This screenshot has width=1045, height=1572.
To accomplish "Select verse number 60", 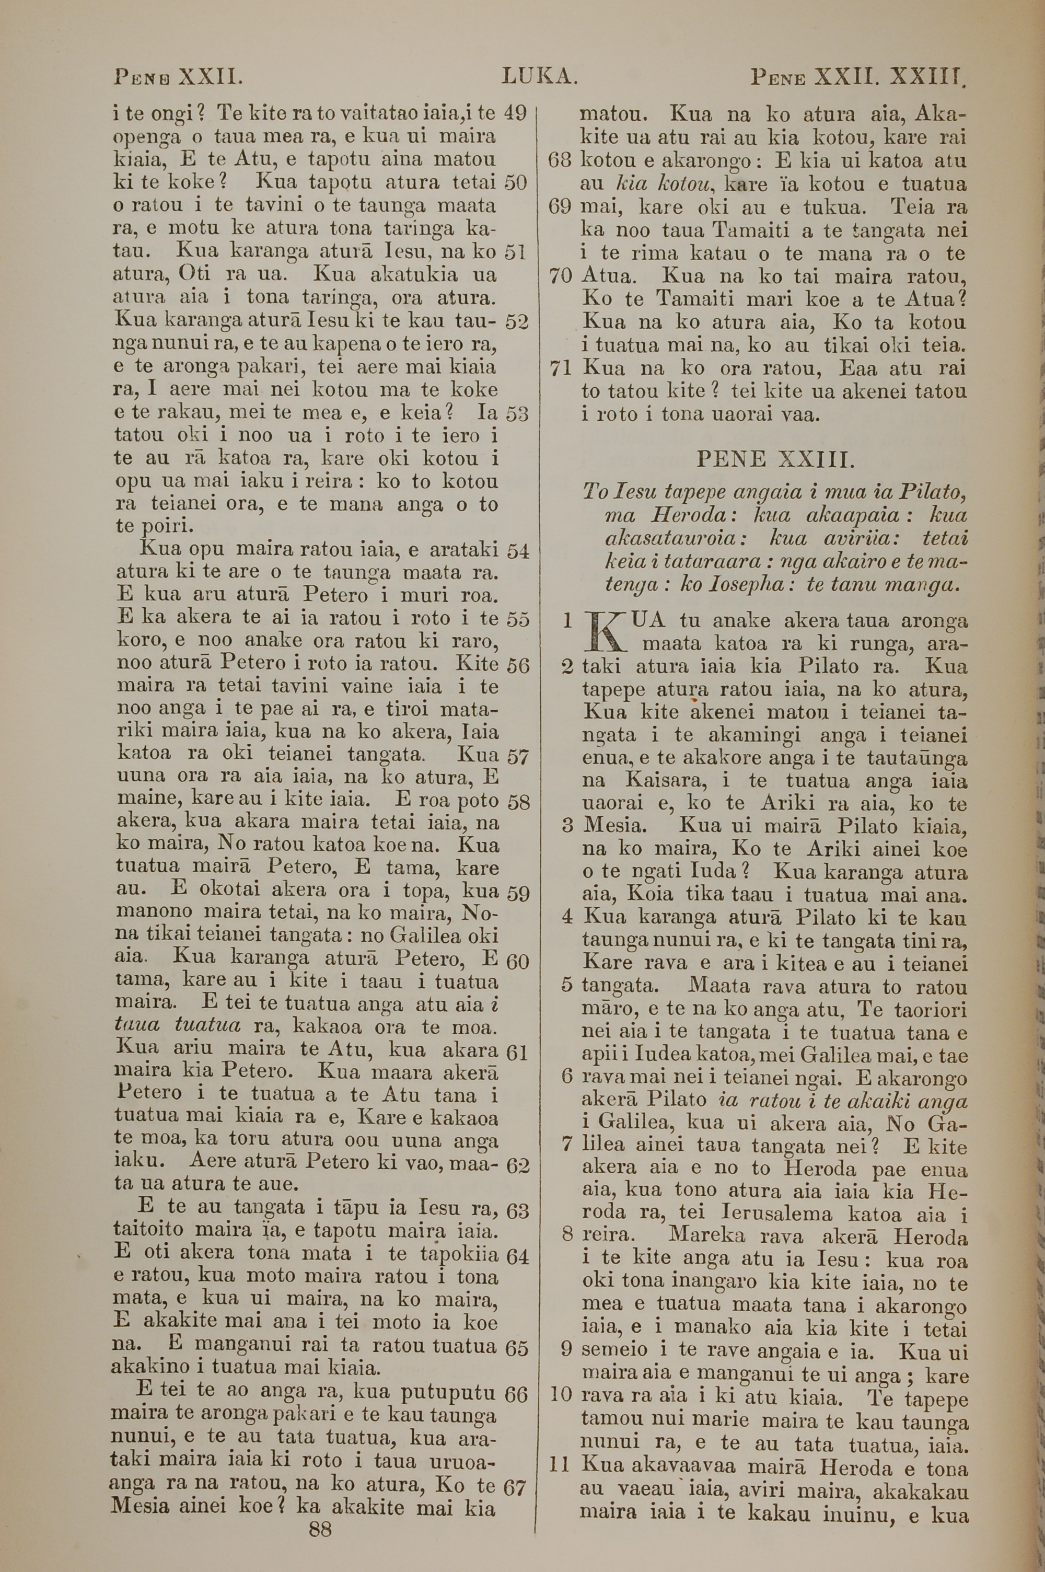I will coord(518,962).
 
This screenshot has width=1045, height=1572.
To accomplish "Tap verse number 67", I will coord(516,1464).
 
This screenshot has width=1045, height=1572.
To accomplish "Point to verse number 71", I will coord(561,368).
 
